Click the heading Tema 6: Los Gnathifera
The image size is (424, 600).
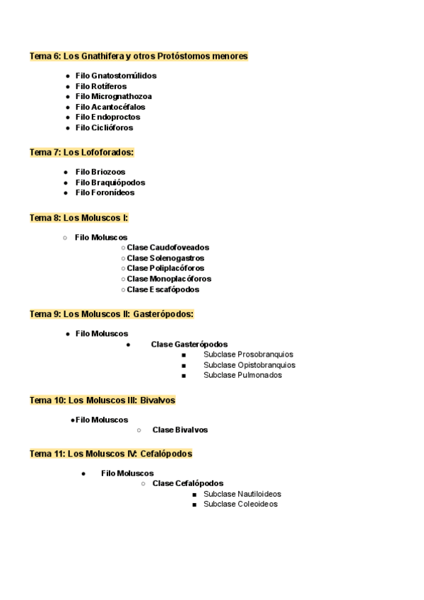(139, 56)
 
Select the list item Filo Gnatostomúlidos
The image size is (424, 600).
(116, 76)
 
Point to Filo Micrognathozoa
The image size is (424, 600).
(113, 96)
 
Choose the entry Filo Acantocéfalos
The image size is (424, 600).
(110, 107)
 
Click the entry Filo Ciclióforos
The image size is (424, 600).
(104, 128)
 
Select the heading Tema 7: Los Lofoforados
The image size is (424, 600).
(81, 152)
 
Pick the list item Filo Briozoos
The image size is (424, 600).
(100, 172)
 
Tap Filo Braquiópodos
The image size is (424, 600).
(110, 183)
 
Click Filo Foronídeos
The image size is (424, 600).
(105, 192)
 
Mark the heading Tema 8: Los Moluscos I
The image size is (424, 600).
(78, 218)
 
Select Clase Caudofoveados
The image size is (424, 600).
(168, 248)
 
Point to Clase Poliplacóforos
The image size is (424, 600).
(166, 268)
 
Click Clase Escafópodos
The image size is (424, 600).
(163, 289)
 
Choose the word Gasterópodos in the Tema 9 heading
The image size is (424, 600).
(163, 314)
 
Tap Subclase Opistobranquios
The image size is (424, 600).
(249, 365)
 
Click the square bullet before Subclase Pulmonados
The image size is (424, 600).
(184, 376)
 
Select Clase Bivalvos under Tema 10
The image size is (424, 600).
(180, 430)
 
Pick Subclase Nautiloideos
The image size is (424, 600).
(242, 494)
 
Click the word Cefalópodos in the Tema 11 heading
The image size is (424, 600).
(166, 454)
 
